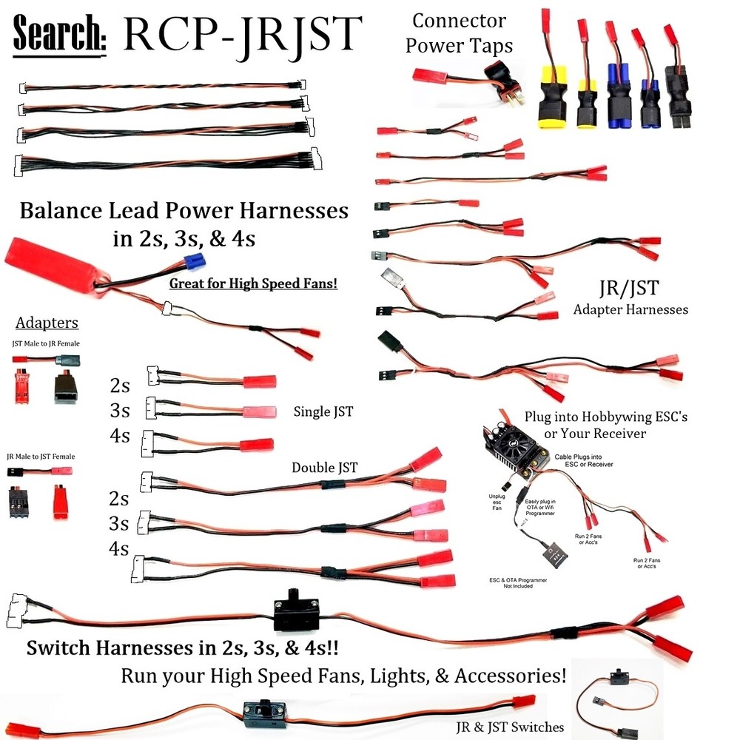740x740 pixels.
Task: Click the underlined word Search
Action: (60, 33)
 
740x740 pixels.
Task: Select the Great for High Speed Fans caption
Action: (253, 283)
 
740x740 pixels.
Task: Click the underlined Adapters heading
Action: (47, 323)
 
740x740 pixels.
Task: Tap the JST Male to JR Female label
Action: (46, 343)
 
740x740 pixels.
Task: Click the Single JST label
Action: (323, 411)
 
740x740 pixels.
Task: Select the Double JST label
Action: (324, 467)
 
